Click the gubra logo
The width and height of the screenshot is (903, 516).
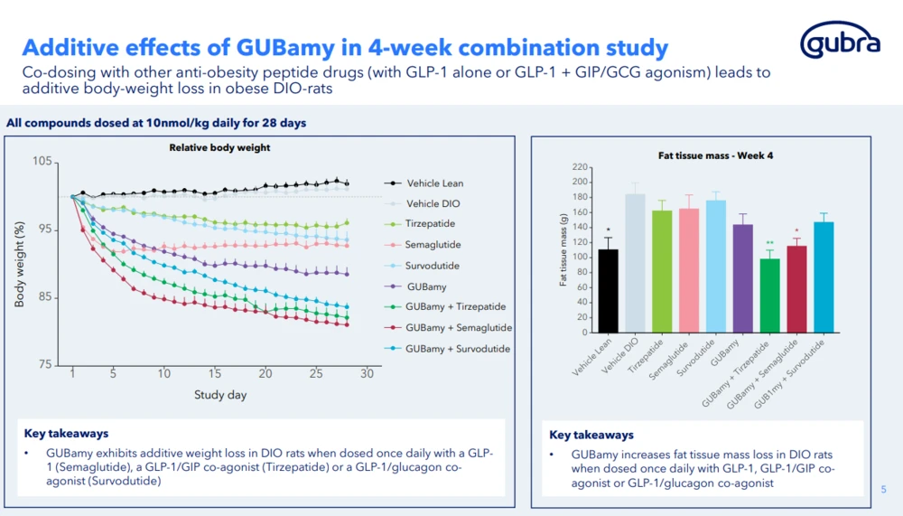pos(841,42)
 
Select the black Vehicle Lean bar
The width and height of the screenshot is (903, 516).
pos(609,290)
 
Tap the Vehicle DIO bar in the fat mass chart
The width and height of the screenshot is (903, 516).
pos(635,263)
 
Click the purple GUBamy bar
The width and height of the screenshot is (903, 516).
pos(741,277)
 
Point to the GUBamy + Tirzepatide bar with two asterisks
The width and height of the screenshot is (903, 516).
pos(769,296)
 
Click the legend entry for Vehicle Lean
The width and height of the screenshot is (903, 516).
pos(434,183)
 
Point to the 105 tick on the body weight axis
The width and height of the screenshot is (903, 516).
pos(42,162)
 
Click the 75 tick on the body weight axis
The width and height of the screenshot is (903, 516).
pos(44,365)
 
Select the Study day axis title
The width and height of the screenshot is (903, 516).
pos(220,395)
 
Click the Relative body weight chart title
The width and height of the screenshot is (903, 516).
pos(219,147)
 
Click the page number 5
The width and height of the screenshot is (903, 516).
pos(884,489)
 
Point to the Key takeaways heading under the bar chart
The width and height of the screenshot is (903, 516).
pos(591,435)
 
